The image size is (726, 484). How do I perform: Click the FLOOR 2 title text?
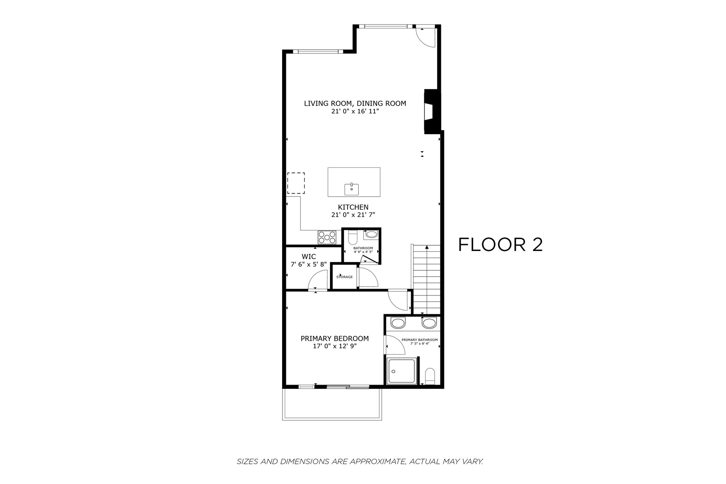pyautogui.click(x=500, y=245)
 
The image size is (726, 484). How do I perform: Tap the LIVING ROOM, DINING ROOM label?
pyautogui.click(x=355, y=103)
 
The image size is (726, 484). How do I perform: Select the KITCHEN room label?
pyautogui.click(x=353, y=207)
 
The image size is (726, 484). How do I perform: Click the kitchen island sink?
pyautogui.click(x=351, y=189)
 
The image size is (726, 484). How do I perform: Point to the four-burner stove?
pyautogui.click(x=327, y=237)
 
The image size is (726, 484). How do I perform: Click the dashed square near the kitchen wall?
pyautogui.click(x=296, y=183)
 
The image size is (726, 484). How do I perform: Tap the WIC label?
pyautogui.click(x=309, y=257)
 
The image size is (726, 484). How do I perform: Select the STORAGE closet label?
pyautogui.click(x=345, y=277)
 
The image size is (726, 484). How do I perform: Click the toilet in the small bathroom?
pyautogui.click(x=353, y=236)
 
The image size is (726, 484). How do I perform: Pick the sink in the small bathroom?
pyautogui.click(x=371, y=234)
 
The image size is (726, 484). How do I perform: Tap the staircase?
pyautogui.click(x=426, y=278)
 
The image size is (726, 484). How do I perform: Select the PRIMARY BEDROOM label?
pyautogui.click(x=334, y=338)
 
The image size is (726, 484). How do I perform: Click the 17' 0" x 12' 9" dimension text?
pyautogui.click(x=334, y=346)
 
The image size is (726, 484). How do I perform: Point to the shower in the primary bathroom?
pyautogui.click(x=401, y=371)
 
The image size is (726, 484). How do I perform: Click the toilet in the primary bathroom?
pyautogui.click(x=430, y=376)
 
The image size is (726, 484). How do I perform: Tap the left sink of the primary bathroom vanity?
pyautogui.click(x=398, y=323)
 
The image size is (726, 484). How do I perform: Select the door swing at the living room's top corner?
pyautogui.click(x=426, y=37)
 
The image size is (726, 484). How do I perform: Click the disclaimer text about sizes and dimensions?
pyautogui.click(x=360, y=461)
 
